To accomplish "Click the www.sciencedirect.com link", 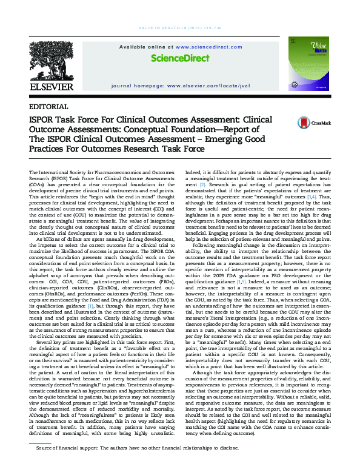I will pos(206,46).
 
